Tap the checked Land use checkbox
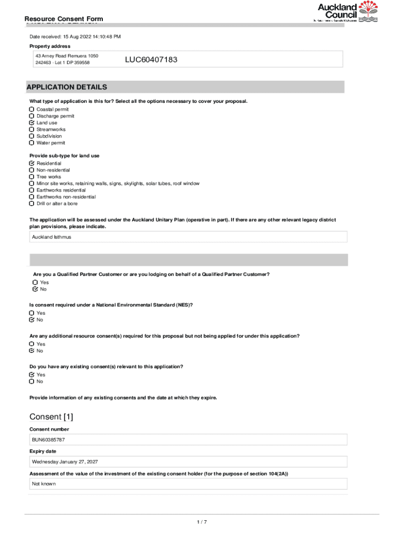tap(32, 123)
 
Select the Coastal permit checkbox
tap(32, 110)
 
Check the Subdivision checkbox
tap(32, 136)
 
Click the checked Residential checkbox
tap(32, 164)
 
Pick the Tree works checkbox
tap(32, 177)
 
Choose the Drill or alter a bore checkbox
tap(32, 203)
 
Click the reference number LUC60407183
tap(151, 60)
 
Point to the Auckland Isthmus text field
tap(188, 237)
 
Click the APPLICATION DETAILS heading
tap(67, 87)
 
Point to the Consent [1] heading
tap(51, 417)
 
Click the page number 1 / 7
tap(202, 522)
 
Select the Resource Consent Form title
tap(63, 19)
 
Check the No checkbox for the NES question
tap(32, 320)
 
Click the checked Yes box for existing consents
tap(32, 375)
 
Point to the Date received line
tap(75, 37)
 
